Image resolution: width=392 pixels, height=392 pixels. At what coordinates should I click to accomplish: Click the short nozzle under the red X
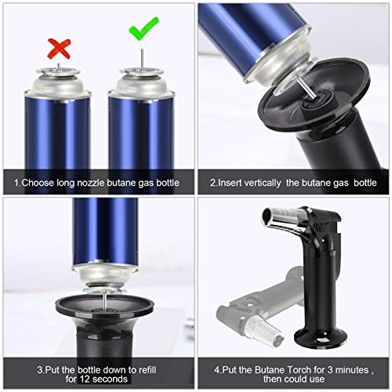57,71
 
